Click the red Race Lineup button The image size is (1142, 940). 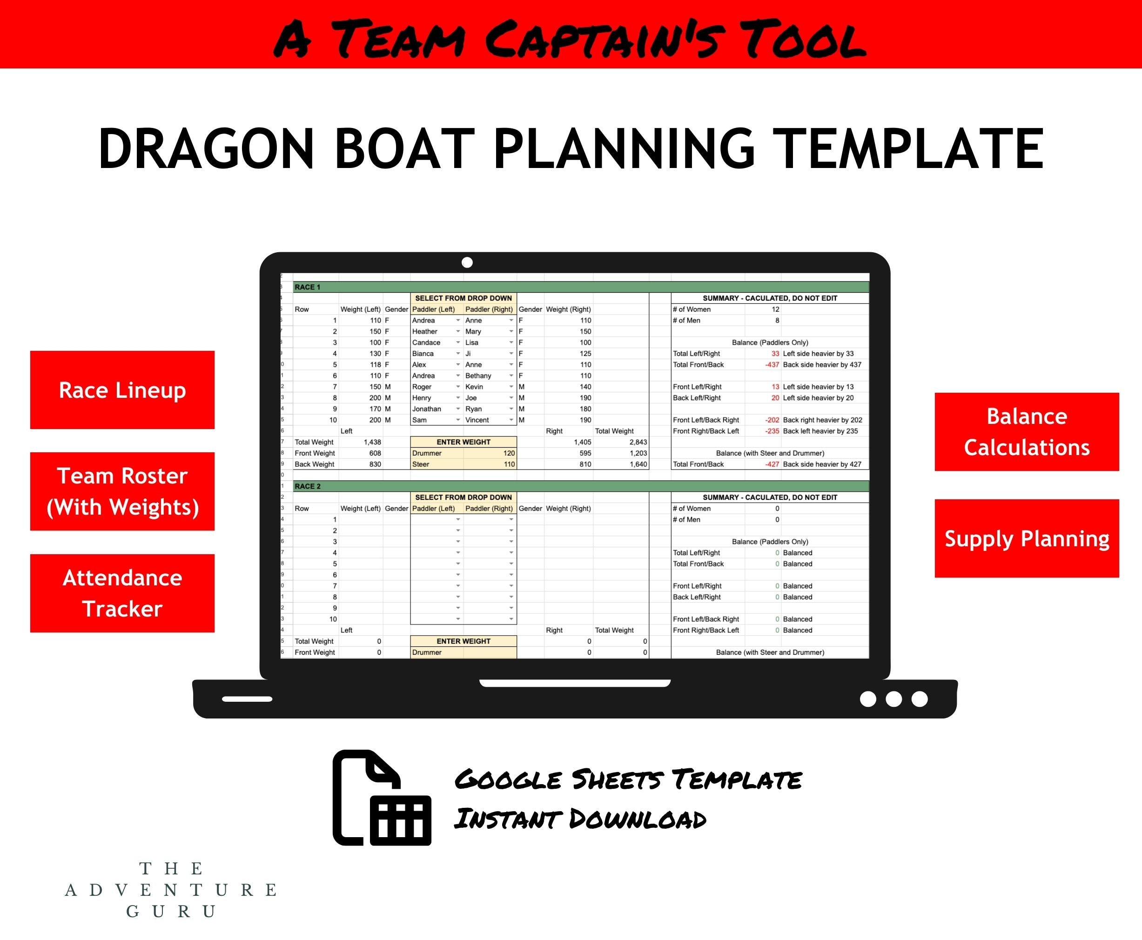pyautogui.click(x=122, y=390)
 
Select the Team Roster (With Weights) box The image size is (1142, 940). pyautogui.click(x=122, y=491)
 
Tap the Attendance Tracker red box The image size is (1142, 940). pyautogui.click(x=122, y=593)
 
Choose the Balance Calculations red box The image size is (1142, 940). pyautogui.click(x=1027, y=431)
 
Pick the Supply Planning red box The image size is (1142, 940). pyautogui.click(x=1027, y=538)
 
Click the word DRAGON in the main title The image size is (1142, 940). pyautogui.click(x=206, y=149)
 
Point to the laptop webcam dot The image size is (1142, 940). pyautogui.click(x=467, y=262)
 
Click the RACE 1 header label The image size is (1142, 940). pyautogui.click(x=308, y=287)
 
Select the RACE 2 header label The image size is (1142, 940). pyautogui.click(x=308, y=486)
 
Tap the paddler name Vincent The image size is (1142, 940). pyautogui.click(x=477, y=420)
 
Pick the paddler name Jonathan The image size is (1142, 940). pyautogui.click(x=427, y=409)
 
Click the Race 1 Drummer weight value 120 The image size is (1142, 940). pyautogui.click(x=509, y=453)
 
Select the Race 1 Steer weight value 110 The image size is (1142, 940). pyautogui.click(x=509, y=464)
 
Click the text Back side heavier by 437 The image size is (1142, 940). pyautogui.click(x=822, y=365)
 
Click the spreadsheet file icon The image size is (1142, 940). pyautogui.click(x=382, y=798)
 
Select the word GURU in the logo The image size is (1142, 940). pyautogui.click(x=171, y=911)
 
